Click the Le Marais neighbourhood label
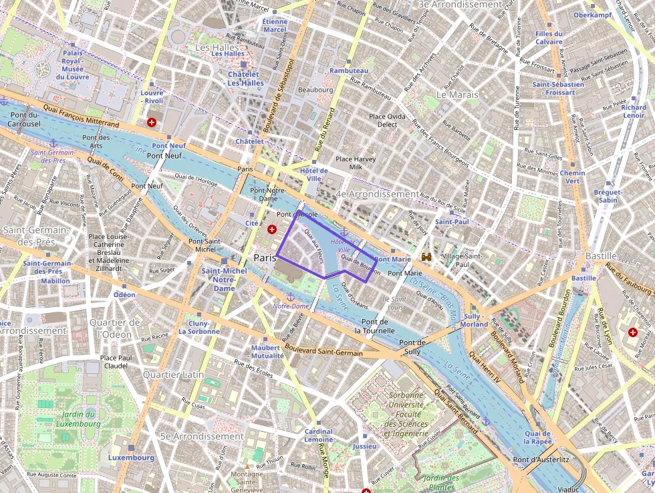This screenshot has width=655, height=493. pyautogui.click(x=457, y=94)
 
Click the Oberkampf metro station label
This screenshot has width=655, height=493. pyautogui.click(x=593, y=14)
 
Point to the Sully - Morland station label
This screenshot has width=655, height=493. pyautogui.click(x=475, y=320)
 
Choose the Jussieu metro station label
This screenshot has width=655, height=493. pyautogui.click(x=364, y=446)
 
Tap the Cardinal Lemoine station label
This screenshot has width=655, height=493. pyautogui.click(x=318, y=435)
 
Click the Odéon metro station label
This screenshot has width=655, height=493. pyautogui.click(x=124, y=294)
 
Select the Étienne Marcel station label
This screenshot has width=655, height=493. pyautogui.click(x=275, y=25)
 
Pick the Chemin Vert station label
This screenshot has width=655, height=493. pyautogui.click(x=572, y=177)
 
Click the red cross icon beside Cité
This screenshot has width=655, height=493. pyautogui.click(x=271, y=229)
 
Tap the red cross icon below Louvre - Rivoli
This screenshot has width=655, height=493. pyautogui.click(x=152, y=122)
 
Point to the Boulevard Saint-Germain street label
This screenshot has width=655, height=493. pyautogui.click(x=323, y=349)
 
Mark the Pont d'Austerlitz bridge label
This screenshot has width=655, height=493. pyautogui.click(x=540, y=460)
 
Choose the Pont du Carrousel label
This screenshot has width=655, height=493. pyautogui.click(x=25, y=119)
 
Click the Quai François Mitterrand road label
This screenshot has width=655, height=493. pyautogui.click(x=81, y=115)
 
